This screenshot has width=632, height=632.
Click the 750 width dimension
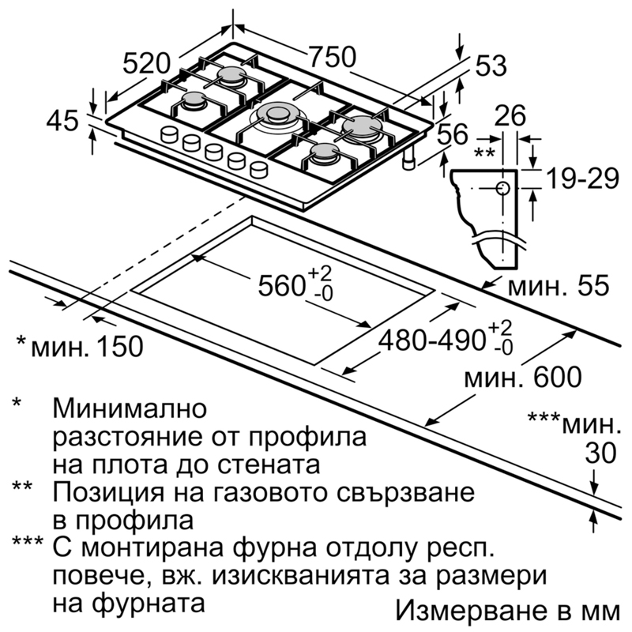click(333, 57)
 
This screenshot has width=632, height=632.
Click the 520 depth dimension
click(147, 64)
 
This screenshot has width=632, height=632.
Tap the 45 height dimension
click(62, 121)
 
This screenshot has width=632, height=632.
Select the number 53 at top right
click(491, 66)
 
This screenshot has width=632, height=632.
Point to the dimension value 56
click(453, 134)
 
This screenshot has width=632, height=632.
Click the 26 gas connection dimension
click(510, 115)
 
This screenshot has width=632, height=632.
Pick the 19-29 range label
click(582, 179)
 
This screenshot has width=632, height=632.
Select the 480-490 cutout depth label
click(431, 340)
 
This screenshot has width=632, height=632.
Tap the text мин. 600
click(523, 378)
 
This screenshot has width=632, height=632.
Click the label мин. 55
click(559, 286)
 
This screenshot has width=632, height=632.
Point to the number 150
click(119, 346)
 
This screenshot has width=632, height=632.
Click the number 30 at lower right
click(600, 453)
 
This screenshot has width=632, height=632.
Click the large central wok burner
click(277, 115)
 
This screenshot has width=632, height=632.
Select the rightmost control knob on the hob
click(259, 169)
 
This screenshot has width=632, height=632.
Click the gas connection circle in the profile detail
click(502, 189)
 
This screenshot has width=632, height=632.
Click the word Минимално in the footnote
click(130, 408)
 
